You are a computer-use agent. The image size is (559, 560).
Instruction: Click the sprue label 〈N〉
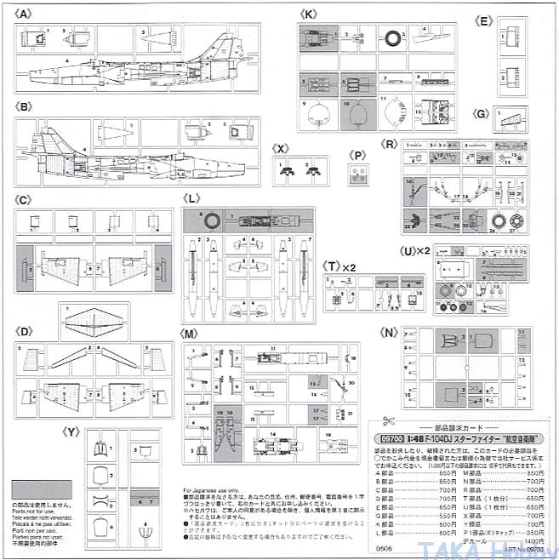tap(391, 331)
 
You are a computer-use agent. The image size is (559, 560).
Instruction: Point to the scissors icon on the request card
tap(385, 420)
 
